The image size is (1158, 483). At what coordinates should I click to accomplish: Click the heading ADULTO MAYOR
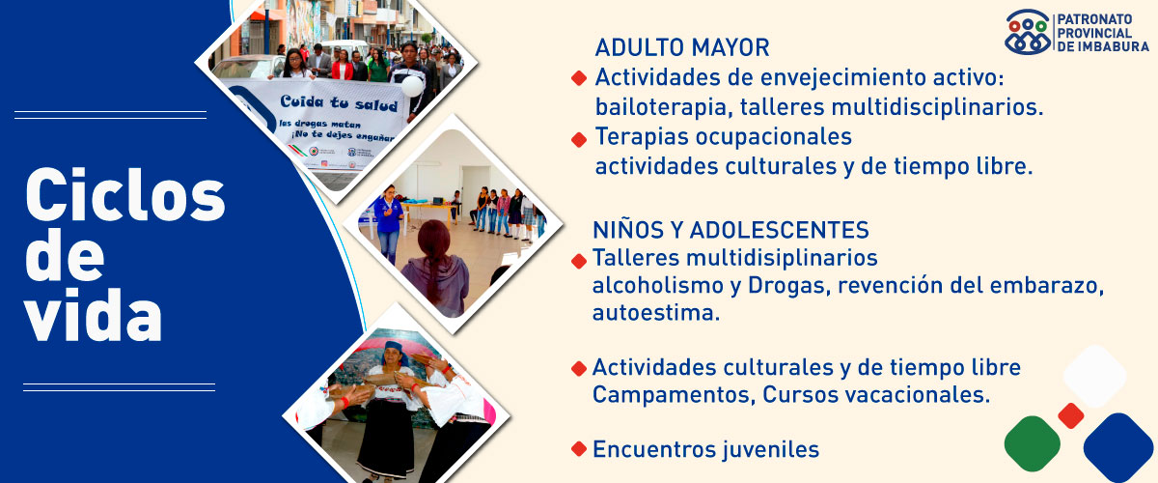(682, 47)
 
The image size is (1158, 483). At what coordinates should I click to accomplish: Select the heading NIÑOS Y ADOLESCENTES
(731, 230)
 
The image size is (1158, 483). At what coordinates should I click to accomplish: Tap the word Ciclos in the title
(125, 195)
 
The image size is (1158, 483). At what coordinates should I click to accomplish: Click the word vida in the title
(93, 314)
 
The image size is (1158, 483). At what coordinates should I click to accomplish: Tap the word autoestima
(656, 313)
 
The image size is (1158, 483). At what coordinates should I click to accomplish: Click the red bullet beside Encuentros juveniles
(579, 449)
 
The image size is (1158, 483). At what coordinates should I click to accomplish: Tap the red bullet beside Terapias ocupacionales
(579, 139)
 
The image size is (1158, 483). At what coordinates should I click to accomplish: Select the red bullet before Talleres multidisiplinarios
(579, 261)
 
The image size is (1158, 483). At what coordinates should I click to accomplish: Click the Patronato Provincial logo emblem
(1028, 32)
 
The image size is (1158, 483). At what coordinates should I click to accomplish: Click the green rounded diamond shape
(1033, 443)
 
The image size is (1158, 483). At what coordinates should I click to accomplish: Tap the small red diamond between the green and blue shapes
(1070, 415)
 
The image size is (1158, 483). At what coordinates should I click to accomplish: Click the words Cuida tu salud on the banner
(339, 102)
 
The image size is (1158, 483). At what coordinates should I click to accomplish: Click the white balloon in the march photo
(412, 86)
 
